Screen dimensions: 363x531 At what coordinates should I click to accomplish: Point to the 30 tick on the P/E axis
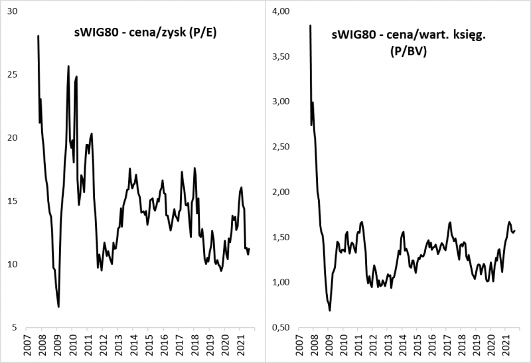[x=13, y=12]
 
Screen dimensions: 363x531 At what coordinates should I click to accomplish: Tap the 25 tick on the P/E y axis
[x=13, y=75]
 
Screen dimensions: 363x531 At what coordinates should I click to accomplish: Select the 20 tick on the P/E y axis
[x=13, y=138]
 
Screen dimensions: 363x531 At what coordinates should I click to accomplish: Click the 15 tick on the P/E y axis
[x=13, y=201]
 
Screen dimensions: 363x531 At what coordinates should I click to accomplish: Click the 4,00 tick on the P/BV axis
[x=284, y=12]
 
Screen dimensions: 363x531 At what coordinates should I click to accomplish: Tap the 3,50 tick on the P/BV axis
[x=284, y=57]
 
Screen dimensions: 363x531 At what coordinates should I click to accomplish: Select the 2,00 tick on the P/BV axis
[x=284, y=192]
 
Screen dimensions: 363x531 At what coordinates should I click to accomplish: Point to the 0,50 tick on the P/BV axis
[x=284, y=327]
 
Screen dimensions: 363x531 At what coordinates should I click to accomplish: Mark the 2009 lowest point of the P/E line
[x=58, y=307]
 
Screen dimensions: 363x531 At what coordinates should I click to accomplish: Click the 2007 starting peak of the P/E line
[x=38, y=36]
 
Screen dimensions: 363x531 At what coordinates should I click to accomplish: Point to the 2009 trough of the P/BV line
[x=330, y=310]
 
